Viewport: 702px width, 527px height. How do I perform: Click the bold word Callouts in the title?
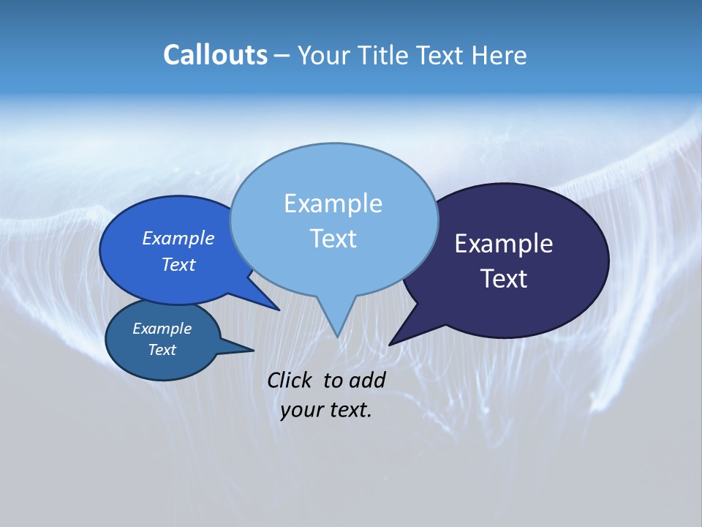pos(215,55)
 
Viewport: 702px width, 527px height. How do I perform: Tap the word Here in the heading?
pos(499,55)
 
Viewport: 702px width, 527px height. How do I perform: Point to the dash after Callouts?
pos(282,56)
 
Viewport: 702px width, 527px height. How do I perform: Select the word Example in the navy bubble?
pos(504,244)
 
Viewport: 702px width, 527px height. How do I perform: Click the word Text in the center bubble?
pos(333,239)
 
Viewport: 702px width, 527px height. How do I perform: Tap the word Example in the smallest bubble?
pos(162,329)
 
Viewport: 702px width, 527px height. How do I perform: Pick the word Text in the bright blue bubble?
pos(178,264)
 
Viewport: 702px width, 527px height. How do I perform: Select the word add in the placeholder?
pos(366,380)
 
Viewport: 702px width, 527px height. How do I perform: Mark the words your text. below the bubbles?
pos(326,410)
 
